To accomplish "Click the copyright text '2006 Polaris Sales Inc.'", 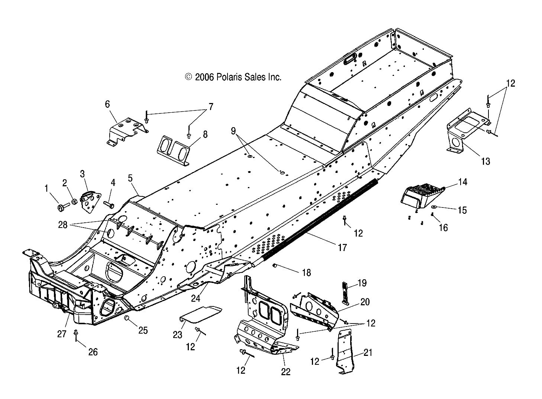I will click(233, 77).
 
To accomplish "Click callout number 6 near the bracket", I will click(107, 104).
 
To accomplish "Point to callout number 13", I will click(485, 161).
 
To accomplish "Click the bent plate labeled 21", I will click(345, 352).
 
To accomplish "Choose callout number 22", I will click(285, 371).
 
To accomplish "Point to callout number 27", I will click(62, 334).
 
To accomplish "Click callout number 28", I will click(63, 225).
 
